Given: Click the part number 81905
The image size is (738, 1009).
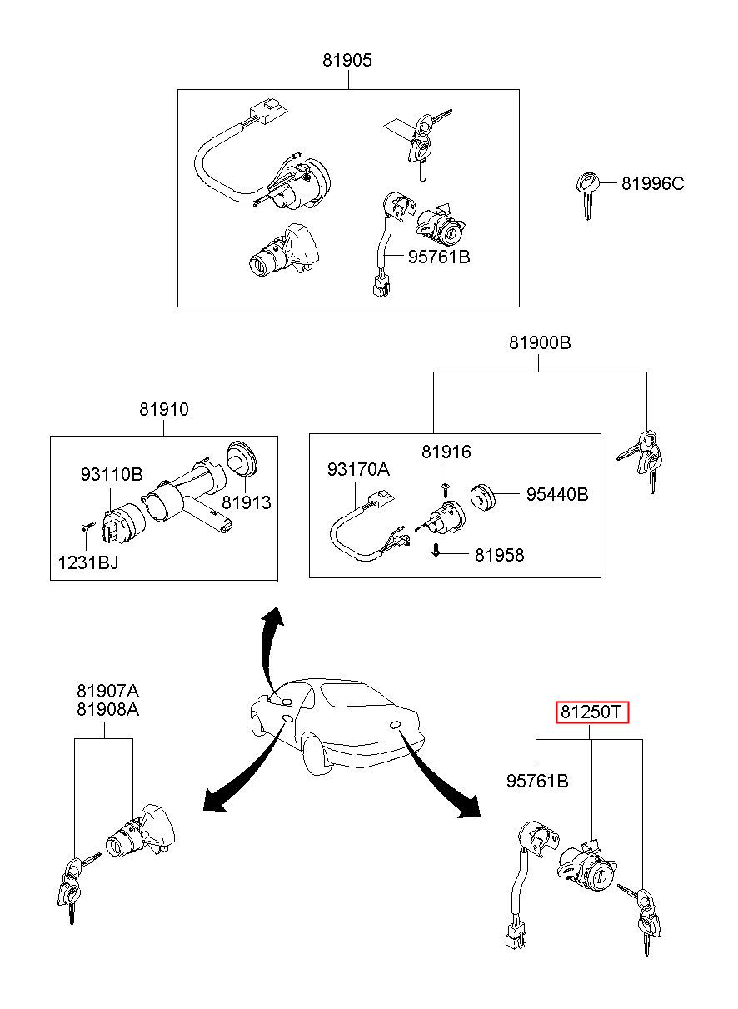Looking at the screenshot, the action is coord(347,60).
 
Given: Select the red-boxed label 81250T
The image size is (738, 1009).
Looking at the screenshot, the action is coord(591,712).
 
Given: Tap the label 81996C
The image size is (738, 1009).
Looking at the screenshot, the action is coord(652,184).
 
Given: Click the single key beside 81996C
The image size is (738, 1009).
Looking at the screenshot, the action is coord(587,195).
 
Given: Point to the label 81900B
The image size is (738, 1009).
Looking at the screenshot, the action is coord(540,343).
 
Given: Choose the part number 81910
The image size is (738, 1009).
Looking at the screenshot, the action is coord(164,409).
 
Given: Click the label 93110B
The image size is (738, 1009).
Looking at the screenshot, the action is coord(112,474).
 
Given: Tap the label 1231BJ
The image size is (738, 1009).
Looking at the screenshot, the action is coord(88,562).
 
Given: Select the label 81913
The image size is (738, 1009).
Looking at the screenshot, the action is coord(247,503).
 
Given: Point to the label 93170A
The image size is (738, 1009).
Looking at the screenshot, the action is coord(358,470).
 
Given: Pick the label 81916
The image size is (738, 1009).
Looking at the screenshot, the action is coord(446,452).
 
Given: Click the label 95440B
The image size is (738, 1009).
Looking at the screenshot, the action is coord(557,495).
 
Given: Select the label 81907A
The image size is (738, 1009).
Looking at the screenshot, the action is coord(107,691).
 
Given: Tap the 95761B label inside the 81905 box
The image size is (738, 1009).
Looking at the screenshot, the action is coord(439,257).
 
